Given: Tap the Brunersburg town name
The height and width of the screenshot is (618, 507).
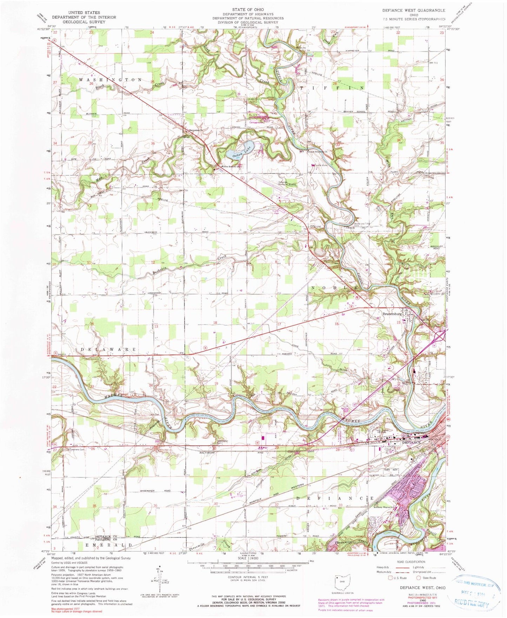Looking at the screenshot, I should point(392,314).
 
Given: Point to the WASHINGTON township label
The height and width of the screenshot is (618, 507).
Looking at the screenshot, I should point(110,80).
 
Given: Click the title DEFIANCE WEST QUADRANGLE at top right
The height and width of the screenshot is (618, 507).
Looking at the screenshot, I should point(413,11).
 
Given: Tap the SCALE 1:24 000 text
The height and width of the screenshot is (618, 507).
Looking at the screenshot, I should point(248,558).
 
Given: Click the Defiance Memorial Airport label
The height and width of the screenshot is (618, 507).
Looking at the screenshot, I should point(287,183).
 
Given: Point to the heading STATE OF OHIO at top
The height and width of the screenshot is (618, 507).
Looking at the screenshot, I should point(248,9).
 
